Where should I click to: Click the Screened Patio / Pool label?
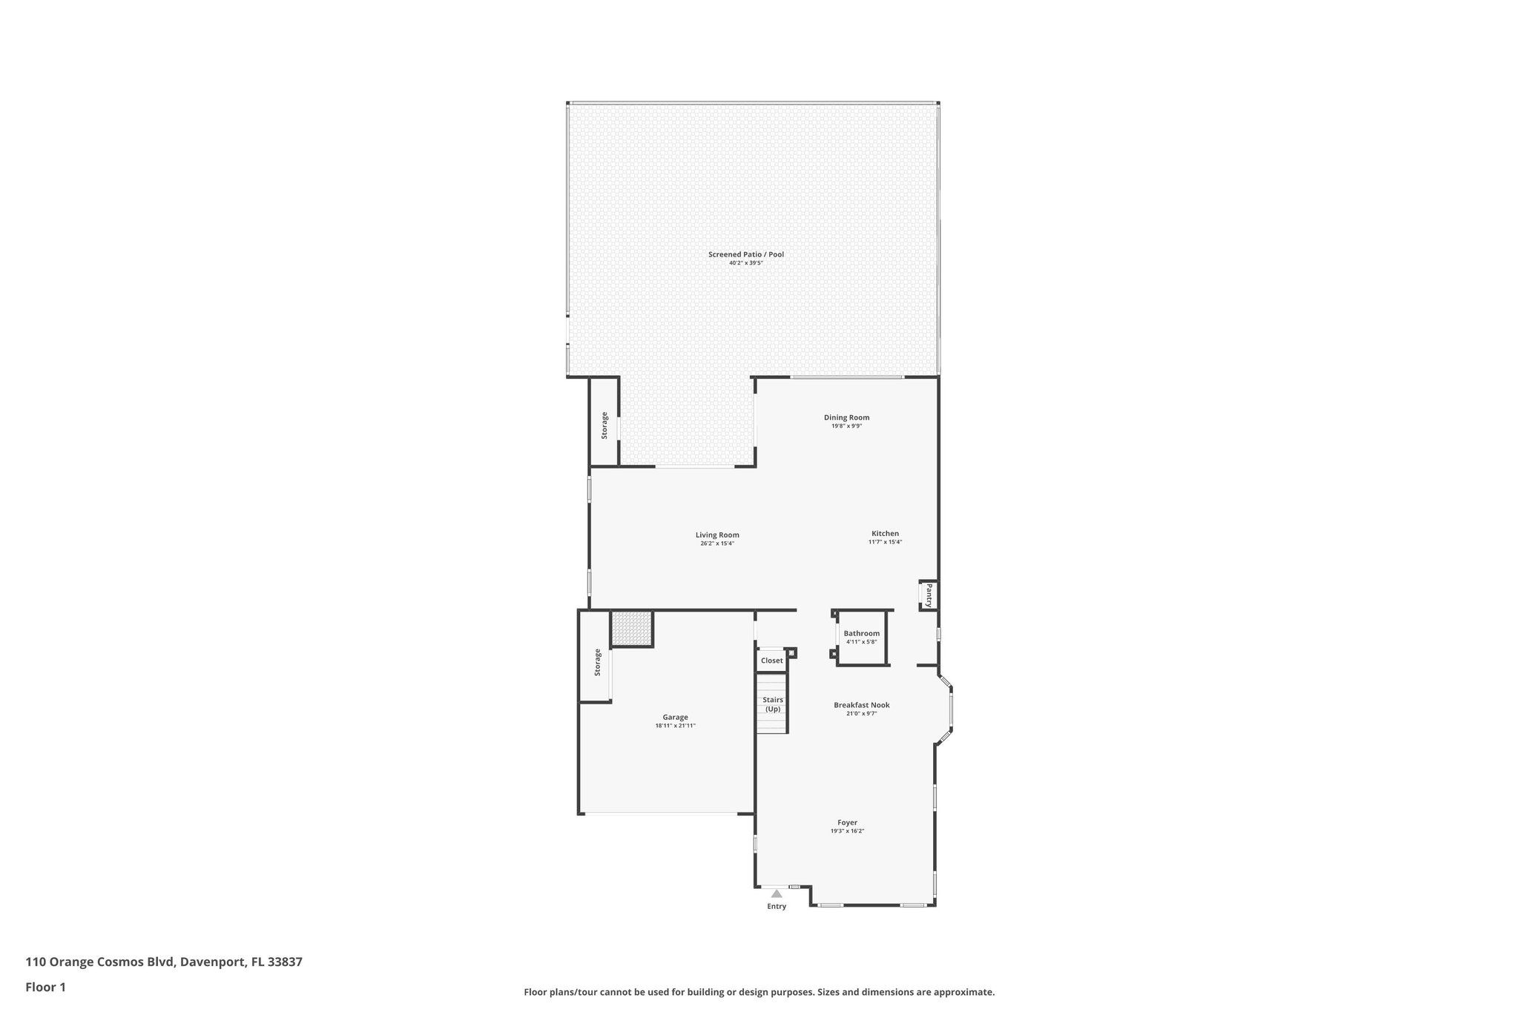click(745, 254)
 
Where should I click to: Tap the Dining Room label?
click(846, 417)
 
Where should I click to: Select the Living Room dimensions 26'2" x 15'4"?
click(717, 543)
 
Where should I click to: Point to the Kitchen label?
click(885, 533)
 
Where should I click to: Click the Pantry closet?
click(928, 595)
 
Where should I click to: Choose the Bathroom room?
click(861, 638)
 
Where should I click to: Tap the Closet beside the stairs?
click(771, 661)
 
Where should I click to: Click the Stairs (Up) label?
click(773, 704)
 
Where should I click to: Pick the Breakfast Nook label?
click(861, 705)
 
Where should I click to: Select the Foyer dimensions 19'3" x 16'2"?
click(847, 831)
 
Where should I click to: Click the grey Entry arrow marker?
click(777, 894)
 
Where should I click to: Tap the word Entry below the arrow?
click(777, 906)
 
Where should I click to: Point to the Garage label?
click(675, 717)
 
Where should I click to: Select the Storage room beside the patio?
click(604, 425)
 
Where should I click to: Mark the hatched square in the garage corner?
click(632, 629)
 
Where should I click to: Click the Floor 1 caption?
click(45, 987)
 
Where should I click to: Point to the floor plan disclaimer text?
click(759, 992)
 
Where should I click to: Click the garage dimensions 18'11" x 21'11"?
click(675, 726)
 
